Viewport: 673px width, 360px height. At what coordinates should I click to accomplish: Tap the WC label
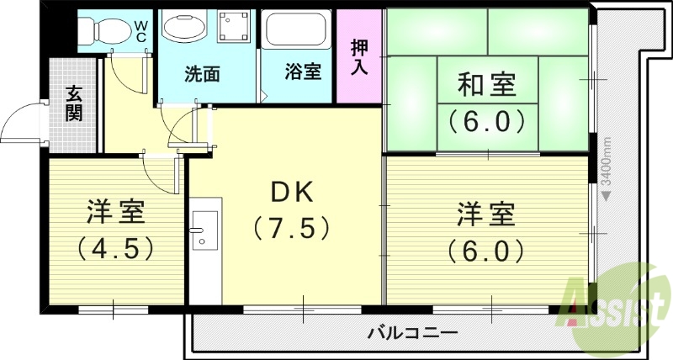coord(143,31)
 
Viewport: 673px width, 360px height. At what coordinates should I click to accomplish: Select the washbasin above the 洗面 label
coord(183,29)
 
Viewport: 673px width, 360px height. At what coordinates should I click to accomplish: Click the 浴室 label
coord(303,72)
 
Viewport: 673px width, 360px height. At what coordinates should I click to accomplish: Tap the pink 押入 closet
coord(359,56)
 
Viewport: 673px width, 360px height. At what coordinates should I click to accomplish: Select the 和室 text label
coord(486,85)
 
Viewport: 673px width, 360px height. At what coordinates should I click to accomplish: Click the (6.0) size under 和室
coord(486,122)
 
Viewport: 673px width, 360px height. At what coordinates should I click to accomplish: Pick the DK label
coord(290,193)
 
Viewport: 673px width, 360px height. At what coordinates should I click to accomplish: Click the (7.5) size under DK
coord(290,227)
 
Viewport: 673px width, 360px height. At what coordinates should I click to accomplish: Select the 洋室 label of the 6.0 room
coord(486,214)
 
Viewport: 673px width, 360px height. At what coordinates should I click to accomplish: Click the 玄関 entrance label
coord(75,103)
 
